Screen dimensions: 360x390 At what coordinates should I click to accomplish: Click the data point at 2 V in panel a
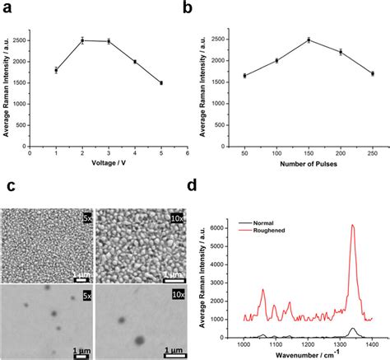click(x=82, y=40)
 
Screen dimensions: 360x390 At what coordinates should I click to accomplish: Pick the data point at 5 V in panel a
click(x=161, y=83)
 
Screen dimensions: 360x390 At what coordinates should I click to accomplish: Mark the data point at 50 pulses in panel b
click(x=244, y=75)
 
